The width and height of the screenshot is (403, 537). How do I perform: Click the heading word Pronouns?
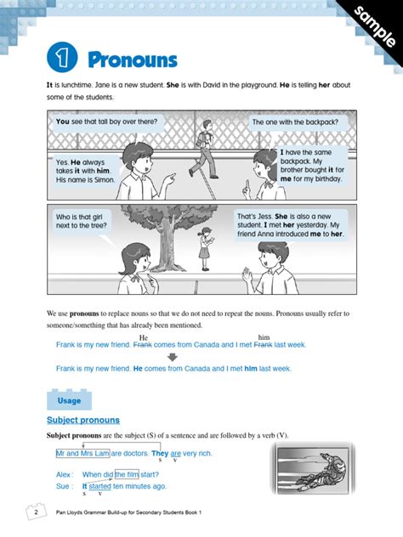132,59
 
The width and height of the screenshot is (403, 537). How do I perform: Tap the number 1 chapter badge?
62,59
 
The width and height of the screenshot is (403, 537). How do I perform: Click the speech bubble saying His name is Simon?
83,171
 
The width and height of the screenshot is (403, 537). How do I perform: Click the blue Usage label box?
69,399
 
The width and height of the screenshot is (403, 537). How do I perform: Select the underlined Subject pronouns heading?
83,420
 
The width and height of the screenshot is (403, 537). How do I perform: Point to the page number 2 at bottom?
35,514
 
